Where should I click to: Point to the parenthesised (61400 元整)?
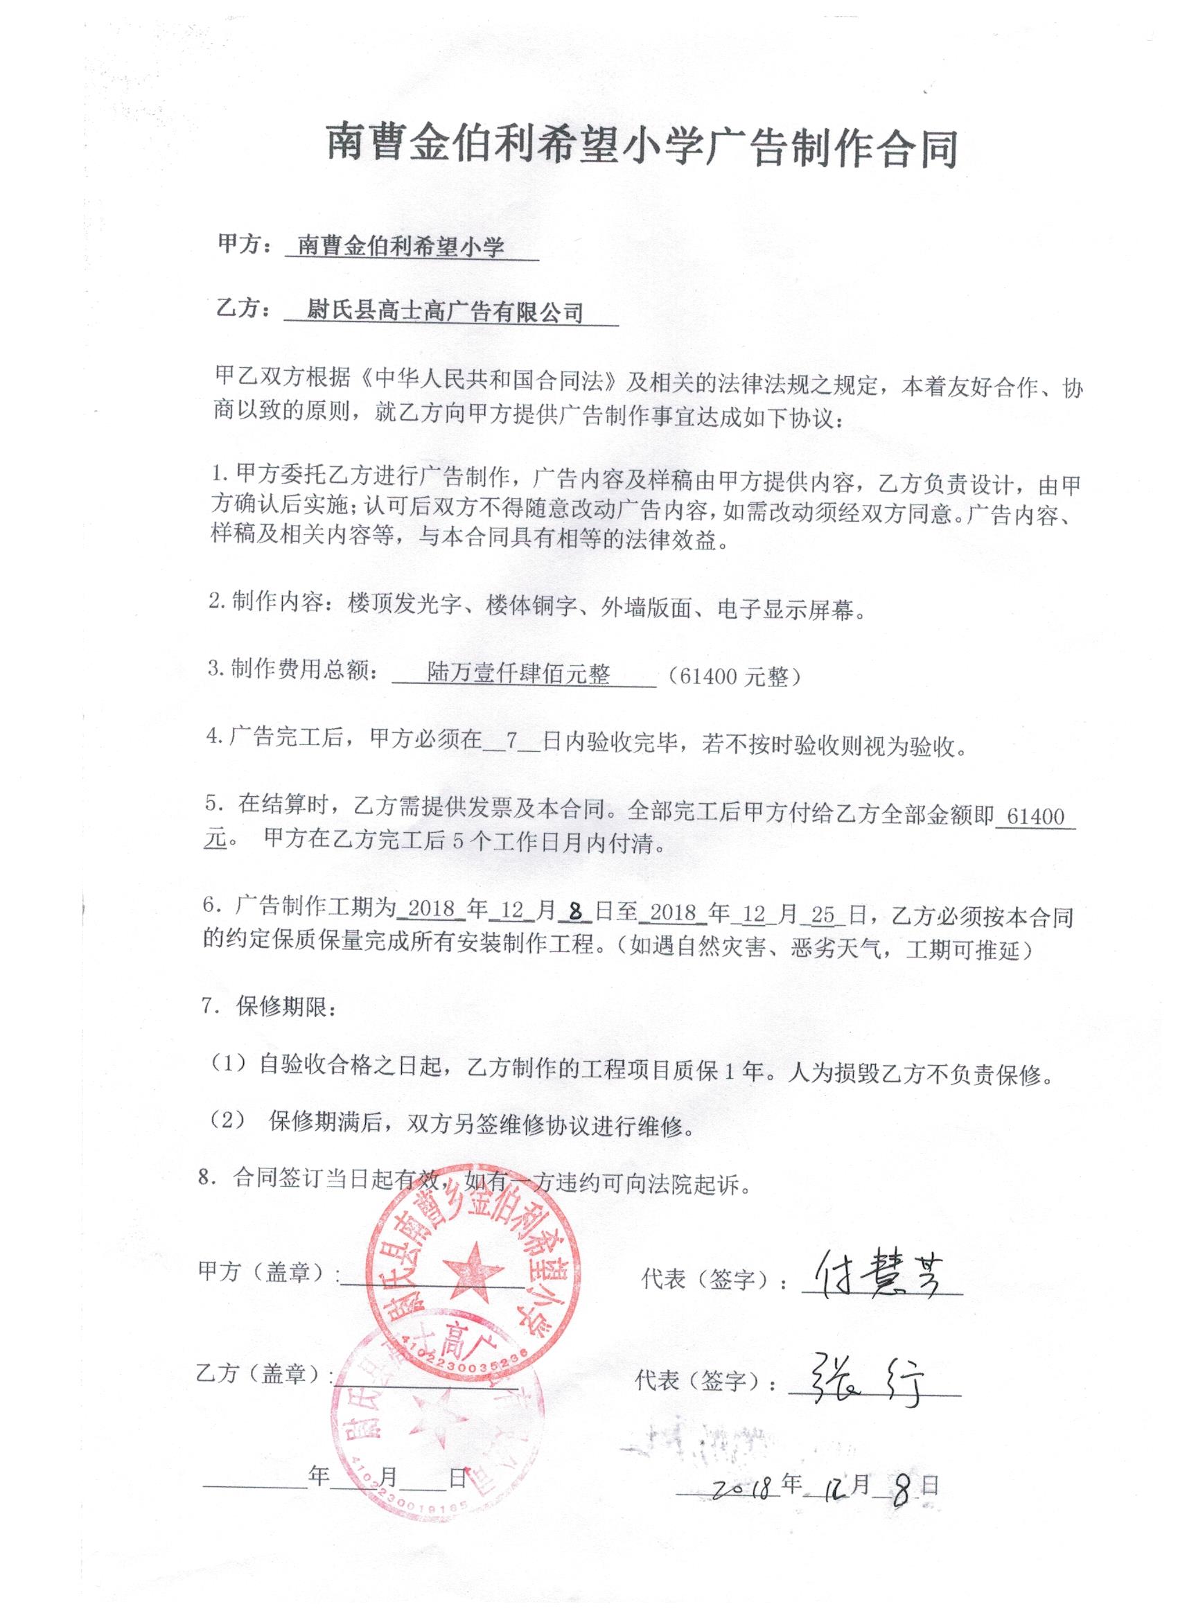coord(735,676)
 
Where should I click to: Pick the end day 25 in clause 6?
coord(823,913)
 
